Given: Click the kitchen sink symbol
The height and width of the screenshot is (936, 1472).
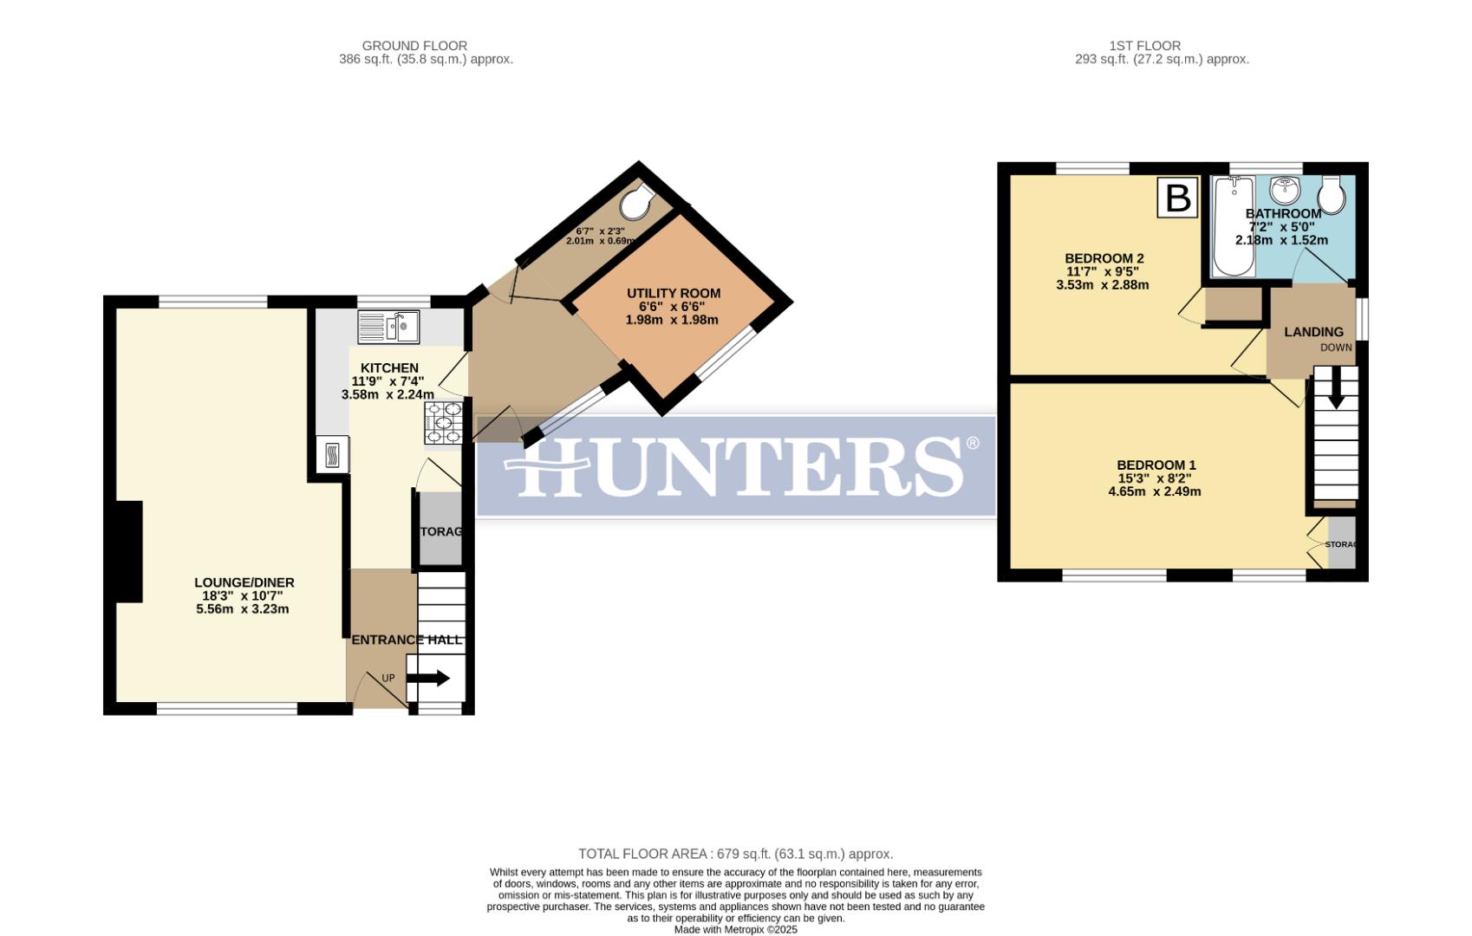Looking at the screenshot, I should click(x=388, y=327).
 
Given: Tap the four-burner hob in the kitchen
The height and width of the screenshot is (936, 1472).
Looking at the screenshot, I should click(x=442, y=424).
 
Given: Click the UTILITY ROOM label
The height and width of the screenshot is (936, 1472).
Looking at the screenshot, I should click(x=674, y=294).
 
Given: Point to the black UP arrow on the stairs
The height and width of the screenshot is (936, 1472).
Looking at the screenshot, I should click(x=428, y=679).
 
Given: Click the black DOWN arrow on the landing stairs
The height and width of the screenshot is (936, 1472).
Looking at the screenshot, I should click(x=1336, y=387).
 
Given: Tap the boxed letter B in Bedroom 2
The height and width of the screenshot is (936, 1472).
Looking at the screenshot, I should click(x=1177, y=198).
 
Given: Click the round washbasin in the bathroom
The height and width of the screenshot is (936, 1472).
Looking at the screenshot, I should click(x=1286, y=190).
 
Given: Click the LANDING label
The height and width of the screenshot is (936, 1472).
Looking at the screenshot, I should click(x=1313, y=332).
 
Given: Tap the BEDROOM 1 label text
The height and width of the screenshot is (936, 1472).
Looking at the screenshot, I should click(x=1156, y=465).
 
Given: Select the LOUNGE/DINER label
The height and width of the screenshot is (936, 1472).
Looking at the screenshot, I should click(x=244, y=582).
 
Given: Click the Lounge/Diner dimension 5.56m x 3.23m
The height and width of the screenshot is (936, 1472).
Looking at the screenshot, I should click(x=243, y=609).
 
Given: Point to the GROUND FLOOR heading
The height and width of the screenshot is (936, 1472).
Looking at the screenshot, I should click(x=414, y=46).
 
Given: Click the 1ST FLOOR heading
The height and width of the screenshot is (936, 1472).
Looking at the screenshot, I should click(x=1144, y=46).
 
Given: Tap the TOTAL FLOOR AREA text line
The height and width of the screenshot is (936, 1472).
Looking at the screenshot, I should click(x=735, y=854).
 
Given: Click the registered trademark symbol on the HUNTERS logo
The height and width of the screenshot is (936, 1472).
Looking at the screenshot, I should click(x=972, y=444).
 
